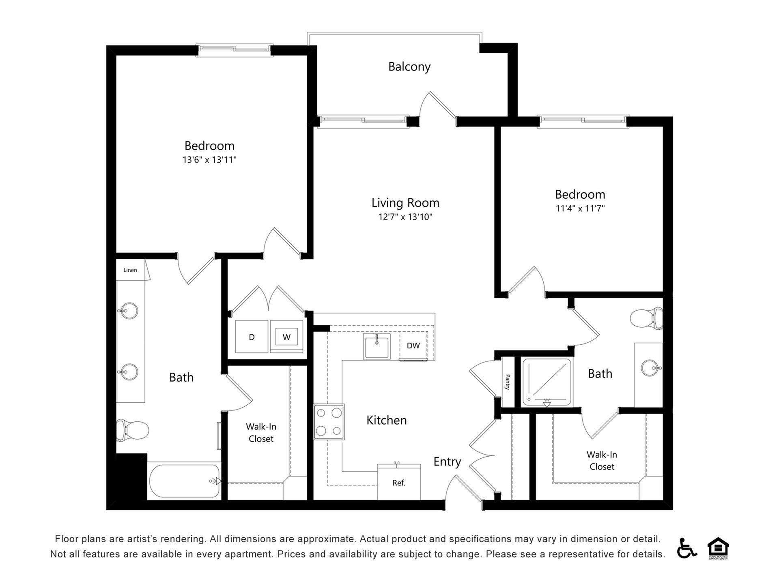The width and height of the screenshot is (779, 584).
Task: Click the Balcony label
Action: coord(409,67)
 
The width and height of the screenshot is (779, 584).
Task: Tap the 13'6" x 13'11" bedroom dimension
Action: coord(209,160)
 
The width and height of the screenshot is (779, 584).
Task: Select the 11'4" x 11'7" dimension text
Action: coord(580,208)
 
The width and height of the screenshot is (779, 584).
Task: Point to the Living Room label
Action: coord(405,203)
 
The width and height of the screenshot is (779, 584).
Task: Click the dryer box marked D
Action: coord(252,337)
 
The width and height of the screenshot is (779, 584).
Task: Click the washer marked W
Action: coord(286,337)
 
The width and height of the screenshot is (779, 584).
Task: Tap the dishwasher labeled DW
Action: coord(413,346)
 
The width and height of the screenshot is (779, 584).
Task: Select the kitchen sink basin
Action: coord(377,347)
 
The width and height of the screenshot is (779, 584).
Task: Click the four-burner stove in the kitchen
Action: coord(329,422)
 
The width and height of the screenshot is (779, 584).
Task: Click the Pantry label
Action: coord(508,382)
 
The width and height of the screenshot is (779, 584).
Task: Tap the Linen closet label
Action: coord(130,270)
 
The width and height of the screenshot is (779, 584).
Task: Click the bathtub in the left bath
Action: coord(185,481)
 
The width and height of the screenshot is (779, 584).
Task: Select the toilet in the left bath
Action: coord(133,430)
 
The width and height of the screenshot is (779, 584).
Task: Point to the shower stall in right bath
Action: coord(547,382)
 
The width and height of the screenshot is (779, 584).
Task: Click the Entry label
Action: coord(447,462)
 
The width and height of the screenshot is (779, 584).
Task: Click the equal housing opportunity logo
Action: coord(718,548)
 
